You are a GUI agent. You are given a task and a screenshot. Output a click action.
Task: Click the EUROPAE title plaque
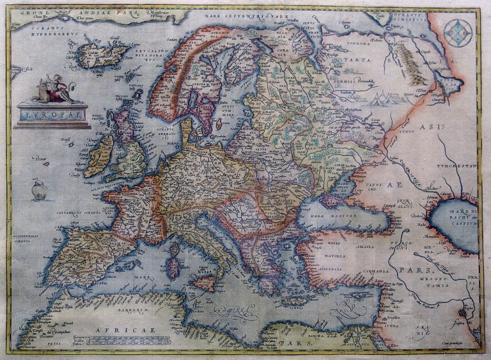pos(52,115)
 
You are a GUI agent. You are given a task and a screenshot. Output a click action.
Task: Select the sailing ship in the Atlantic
pos(40,189)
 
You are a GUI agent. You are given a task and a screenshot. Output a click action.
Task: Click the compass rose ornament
pos(458,33)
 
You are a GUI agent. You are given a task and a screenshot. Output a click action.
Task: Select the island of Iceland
pos(99,55)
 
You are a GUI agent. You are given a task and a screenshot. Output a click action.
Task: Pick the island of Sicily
pos(204,282)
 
